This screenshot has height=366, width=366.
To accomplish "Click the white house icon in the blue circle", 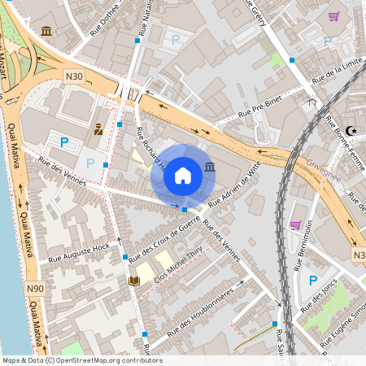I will click(183, 175).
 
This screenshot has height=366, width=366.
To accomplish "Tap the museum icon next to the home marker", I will click(211, 167).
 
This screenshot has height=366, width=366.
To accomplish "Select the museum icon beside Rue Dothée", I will click(46, 32).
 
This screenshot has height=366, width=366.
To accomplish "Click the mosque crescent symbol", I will click(351, 130).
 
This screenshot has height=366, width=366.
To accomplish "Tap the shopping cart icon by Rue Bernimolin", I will click(295, 225).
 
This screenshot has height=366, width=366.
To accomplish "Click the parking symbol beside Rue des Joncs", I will click(312, 281).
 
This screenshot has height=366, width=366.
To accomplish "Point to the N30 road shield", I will click(75, 76).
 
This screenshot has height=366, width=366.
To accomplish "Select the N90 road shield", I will click(34, 288).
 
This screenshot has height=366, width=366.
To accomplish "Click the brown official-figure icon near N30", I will click(98, 129).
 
